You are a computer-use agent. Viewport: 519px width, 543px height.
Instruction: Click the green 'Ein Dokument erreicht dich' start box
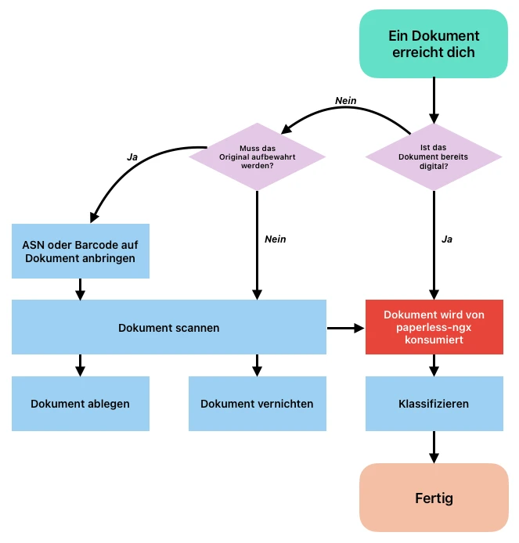(434, 44)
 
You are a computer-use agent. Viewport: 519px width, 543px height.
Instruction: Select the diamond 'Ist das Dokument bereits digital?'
(434, 156)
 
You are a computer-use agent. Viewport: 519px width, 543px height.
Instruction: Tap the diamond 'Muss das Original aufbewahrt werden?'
(257, 156)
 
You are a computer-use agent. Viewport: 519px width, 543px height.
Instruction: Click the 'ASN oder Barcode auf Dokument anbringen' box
(80, 250)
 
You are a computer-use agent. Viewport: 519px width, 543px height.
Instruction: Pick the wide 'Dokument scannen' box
(168, 328)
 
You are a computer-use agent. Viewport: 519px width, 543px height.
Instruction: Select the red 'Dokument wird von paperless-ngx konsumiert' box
(434, 327)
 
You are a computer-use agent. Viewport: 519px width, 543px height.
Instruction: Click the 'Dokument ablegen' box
(80, 404)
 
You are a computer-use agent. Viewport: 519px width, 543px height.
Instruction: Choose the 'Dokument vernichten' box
(257, 404)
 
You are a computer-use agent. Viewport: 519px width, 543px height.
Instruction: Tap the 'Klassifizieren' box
(434, 404)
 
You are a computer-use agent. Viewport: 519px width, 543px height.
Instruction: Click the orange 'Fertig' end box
(434, 498)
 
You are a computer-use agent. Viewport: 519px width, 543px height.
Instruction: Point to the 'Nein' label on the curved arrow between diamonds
(346, 101)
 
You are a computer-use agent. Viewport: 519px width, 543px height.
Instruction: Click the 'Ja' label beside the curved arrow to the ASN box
(132, 156)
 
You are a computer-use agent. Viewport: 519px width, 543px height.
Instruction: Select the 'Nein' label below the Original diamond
(275, 239)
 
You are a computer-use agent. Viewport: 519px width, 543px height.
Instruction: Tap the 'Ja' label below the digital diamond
(447, 239)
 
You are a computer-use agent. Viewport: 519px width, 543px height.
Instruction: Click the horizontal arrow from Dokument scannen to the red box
(345, 328)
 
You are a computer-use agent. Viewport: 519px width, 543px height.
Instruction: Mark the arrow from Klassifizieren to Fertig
(434, 447)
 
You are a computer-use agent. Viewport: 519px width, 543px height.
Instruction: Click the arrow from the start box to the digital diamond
(434, 100)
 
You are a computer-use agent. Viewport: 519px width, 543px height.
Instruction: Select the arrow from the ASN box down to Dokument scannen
(80, 289)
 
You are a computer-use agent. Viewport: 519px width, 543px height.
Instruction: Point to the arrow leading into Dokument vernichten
(257, 365)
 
